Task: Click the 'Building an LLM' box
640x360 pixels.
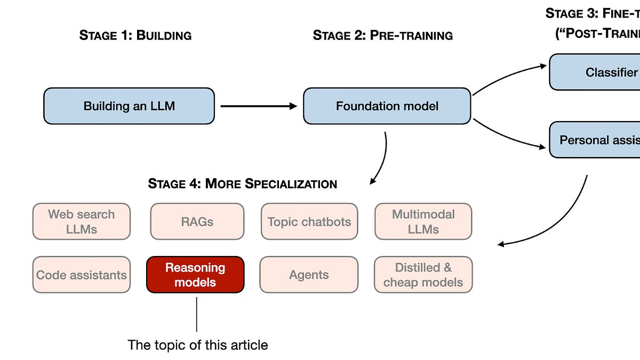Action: pyautogui.click(x=129, y=106)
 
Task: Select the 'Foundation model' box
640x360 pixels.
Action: pyautogui.click(x=387, y=106)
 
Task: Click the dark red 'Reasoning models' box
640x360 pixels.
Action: pyautogui.click(x=195, y=275)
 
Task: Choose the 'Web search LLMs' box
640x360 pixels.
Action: pyautogui.click(x=82, y=221)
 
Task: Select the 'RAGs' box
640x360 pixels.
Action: pyautogui.click(x=197, y=221)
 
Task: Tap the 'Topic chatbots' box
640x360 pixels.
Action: pyautogui.click(x=309, y=221)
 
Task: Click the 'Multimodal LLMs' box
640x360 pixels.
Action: pyautogui.click(x=423, y=221)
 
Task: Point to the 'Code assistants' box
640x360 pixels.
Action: pyautogui.click(x=82, y=275)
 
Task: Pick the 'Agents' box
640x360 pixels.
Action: pyautogui.click(x=309, y=275)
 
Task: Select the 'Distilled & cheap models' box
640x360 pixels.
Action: pyautogui.click(x=423, y=275)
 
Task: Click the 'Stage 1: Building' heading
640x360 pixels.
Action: pyautogui.click(x=135, y=36)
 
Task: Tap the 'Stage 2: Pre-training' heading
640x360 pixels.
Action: pyautogui.click(x=383, y=36)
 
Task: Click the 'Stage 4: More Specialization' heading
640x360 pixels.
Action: pyautogui.click(x=243, y=184)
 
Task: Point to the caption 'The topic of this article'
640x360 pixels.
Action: pyautogui.click(x=198, y=345)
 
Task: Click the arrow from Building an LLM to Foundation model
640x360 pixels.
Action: pyautogui.click(x=258, y=106)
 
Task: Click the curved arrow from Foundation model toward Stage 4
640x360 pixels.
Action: pyautogui.click(x=382, y=160)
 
